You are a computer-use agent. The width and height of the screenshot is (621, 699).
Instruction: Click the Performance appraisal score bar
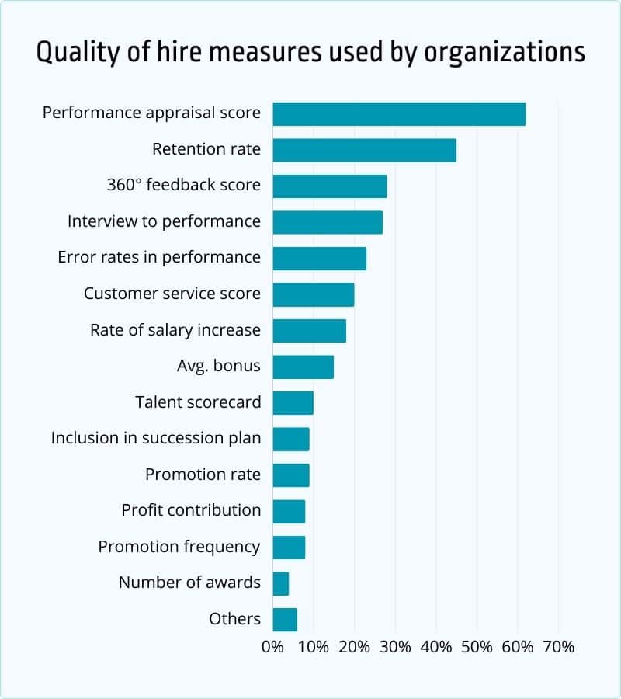point(399,114)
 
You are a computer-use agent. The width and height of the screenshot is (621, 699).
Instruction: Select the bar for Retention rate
point(364,150)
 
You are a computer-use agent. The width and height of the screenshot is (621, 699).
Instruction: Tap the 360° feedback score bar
point(330,186)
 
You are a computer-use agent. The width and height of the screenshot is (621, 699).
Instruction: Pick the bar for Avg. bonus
point(303,367)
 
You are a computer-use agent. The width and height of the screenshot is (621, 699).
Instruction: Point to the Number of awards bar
point(281,583)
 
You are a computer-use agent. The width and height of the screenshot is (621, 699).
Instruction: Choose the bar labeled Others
point(285,619)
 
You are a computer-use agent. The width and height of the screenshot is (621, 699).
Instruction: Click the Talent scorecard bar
point(293,403)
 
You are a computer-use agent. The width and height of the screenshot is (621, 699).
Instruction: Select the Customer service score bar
point(314,294)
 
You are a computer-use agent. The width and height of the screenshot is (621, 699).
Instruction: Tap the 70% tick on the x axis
point(558,646)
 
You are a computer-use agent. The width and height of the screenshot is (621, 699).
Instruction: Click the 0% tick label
point(273,646)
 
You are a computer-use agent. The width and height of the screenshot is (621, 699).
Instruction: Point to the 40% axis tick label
point(435,646)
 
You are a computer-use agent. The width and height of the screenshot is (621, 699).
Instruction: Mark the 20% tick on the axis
point(354,646)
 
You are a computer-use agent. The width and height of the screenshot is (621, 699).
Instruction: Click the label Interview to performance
point(164,221)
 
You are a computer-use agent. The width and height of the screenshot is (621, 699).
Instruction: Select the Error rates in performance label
point(159,257)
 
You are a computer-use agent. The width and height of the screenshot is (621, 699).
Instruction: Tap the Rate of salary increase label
point(175,330)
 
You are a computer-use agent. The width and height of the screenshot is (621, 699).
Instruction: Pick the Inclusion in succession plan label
point(156,438)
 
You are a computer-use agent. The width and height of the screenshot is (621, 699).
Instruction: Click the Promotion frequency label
point(179,547)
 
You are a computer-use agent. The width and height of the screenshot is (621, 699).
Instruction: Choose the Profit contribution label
point(191,510)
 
